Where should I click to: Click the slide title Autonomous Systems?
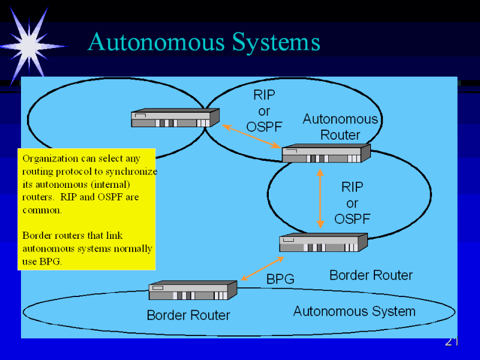[x=204, y=43]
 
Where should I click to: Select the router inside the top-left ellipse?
[x=175, y=118]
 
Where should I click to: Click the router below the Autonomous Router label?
[x=326, y=154]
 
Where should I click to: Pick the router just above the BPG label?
[x=323, y=242]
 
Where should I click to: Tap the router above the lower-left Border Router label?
[x=193, y=290]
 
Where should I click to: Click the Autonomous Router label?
[x=340, y=127]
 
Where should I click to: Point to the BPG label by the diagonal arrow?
[x=280, y=279]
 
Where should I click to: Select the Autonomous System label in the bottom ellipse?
[x=354, y=311]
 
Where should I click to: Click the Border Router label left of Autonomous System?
[x=188, y=315]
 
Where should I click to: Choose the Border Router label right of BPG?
[x=371, y=275]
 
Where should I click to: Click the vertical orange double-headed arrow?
[x=320, y=197]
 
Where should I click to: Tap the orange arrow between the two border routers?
[x=262, y=268]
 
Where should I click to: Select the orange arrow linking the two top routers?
[x=251, y=136]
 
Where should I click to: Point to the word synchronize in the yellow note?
[x=131, y=172]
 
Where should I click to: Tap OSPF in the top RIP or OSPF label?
[x=264, y=127]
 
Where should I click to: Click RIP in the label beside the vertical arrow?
[x=352, y=187]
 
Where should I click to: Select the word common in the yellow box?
[x=41, y=210]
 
